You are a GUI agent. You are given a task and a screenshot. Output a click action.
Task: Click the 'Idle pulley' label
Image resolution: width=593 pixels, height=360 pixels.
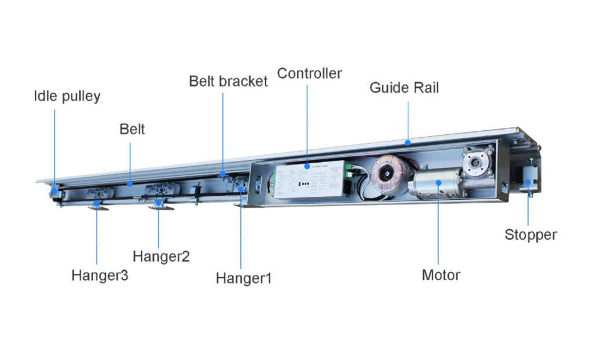coord(67,96)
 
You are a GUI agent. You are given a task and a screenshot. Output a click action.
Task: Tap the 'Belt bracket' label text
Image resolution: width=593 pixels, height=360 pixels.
coord(228,81)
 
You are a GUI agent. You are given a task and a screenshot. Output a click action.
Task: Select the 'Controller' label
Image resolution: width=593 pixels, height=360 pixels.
coord(309,74)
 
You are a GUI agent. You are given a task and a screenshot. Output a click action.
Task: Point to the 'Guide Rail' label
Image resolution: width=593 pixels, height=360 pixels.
coord(404,88)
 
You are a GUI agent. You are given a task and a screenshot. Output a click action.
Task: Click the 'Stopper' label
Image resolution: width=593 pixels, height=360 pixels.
coord(530,234)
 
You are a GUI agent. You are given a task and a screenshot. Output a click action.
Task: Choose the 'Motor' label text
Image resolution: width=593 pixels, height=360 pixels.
coord(441,274)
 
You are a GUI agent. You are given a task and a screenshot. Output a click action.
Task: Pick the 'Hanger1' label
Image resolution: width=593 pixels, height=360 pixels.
coord(243,278)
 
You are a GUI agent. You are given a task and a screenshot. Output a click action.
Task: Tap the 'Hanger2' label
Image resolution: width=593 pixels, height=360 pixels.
coord(161,255)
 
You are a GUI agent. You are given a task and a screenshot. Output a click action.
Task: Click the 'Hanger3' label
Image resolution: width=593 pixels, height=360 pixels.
coord(100,275)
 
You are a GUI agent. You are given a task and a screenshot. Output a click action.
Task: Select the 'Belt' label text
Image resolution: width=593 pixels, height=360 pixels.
coord(132,128)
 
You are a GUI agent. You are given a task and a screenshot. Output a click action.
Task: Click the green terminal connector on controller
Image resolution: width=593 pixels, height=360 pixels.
coord(350,170)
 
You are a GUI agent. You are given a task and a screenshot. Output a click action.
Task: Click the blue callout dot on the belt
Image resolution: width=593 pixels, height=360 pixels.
coord(130,184)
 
